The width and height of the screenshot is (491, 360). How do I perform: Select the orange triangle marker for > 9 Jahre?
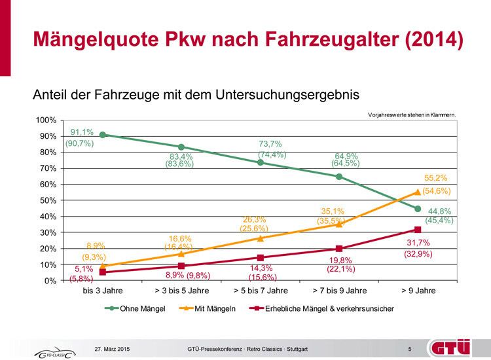(418, 192)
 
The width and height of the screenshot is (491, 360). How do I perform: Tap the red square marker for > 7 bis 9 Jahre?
(339, 249)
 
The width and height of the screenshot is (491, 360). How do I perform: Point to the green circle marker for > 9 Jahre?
(418, 209)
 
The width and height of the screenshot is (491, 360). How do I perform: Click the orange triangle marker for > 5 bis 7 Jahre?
(260, 238)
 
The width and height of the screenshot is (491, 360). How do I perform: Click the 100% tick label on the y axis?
(46, 120)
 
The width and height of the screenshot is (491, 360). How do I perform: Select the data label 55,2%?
(436, 178)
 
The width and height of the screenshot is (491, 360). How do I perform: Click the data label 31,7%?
(418, 242)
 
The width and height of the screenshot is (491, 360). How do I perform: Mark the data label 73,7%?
(270, 144)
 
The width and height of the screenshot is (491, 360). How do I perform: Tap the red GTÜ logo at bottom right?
(450, 347)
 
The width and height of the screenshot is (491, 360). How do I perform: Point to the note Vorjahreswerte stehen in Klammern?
(412, 115)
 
